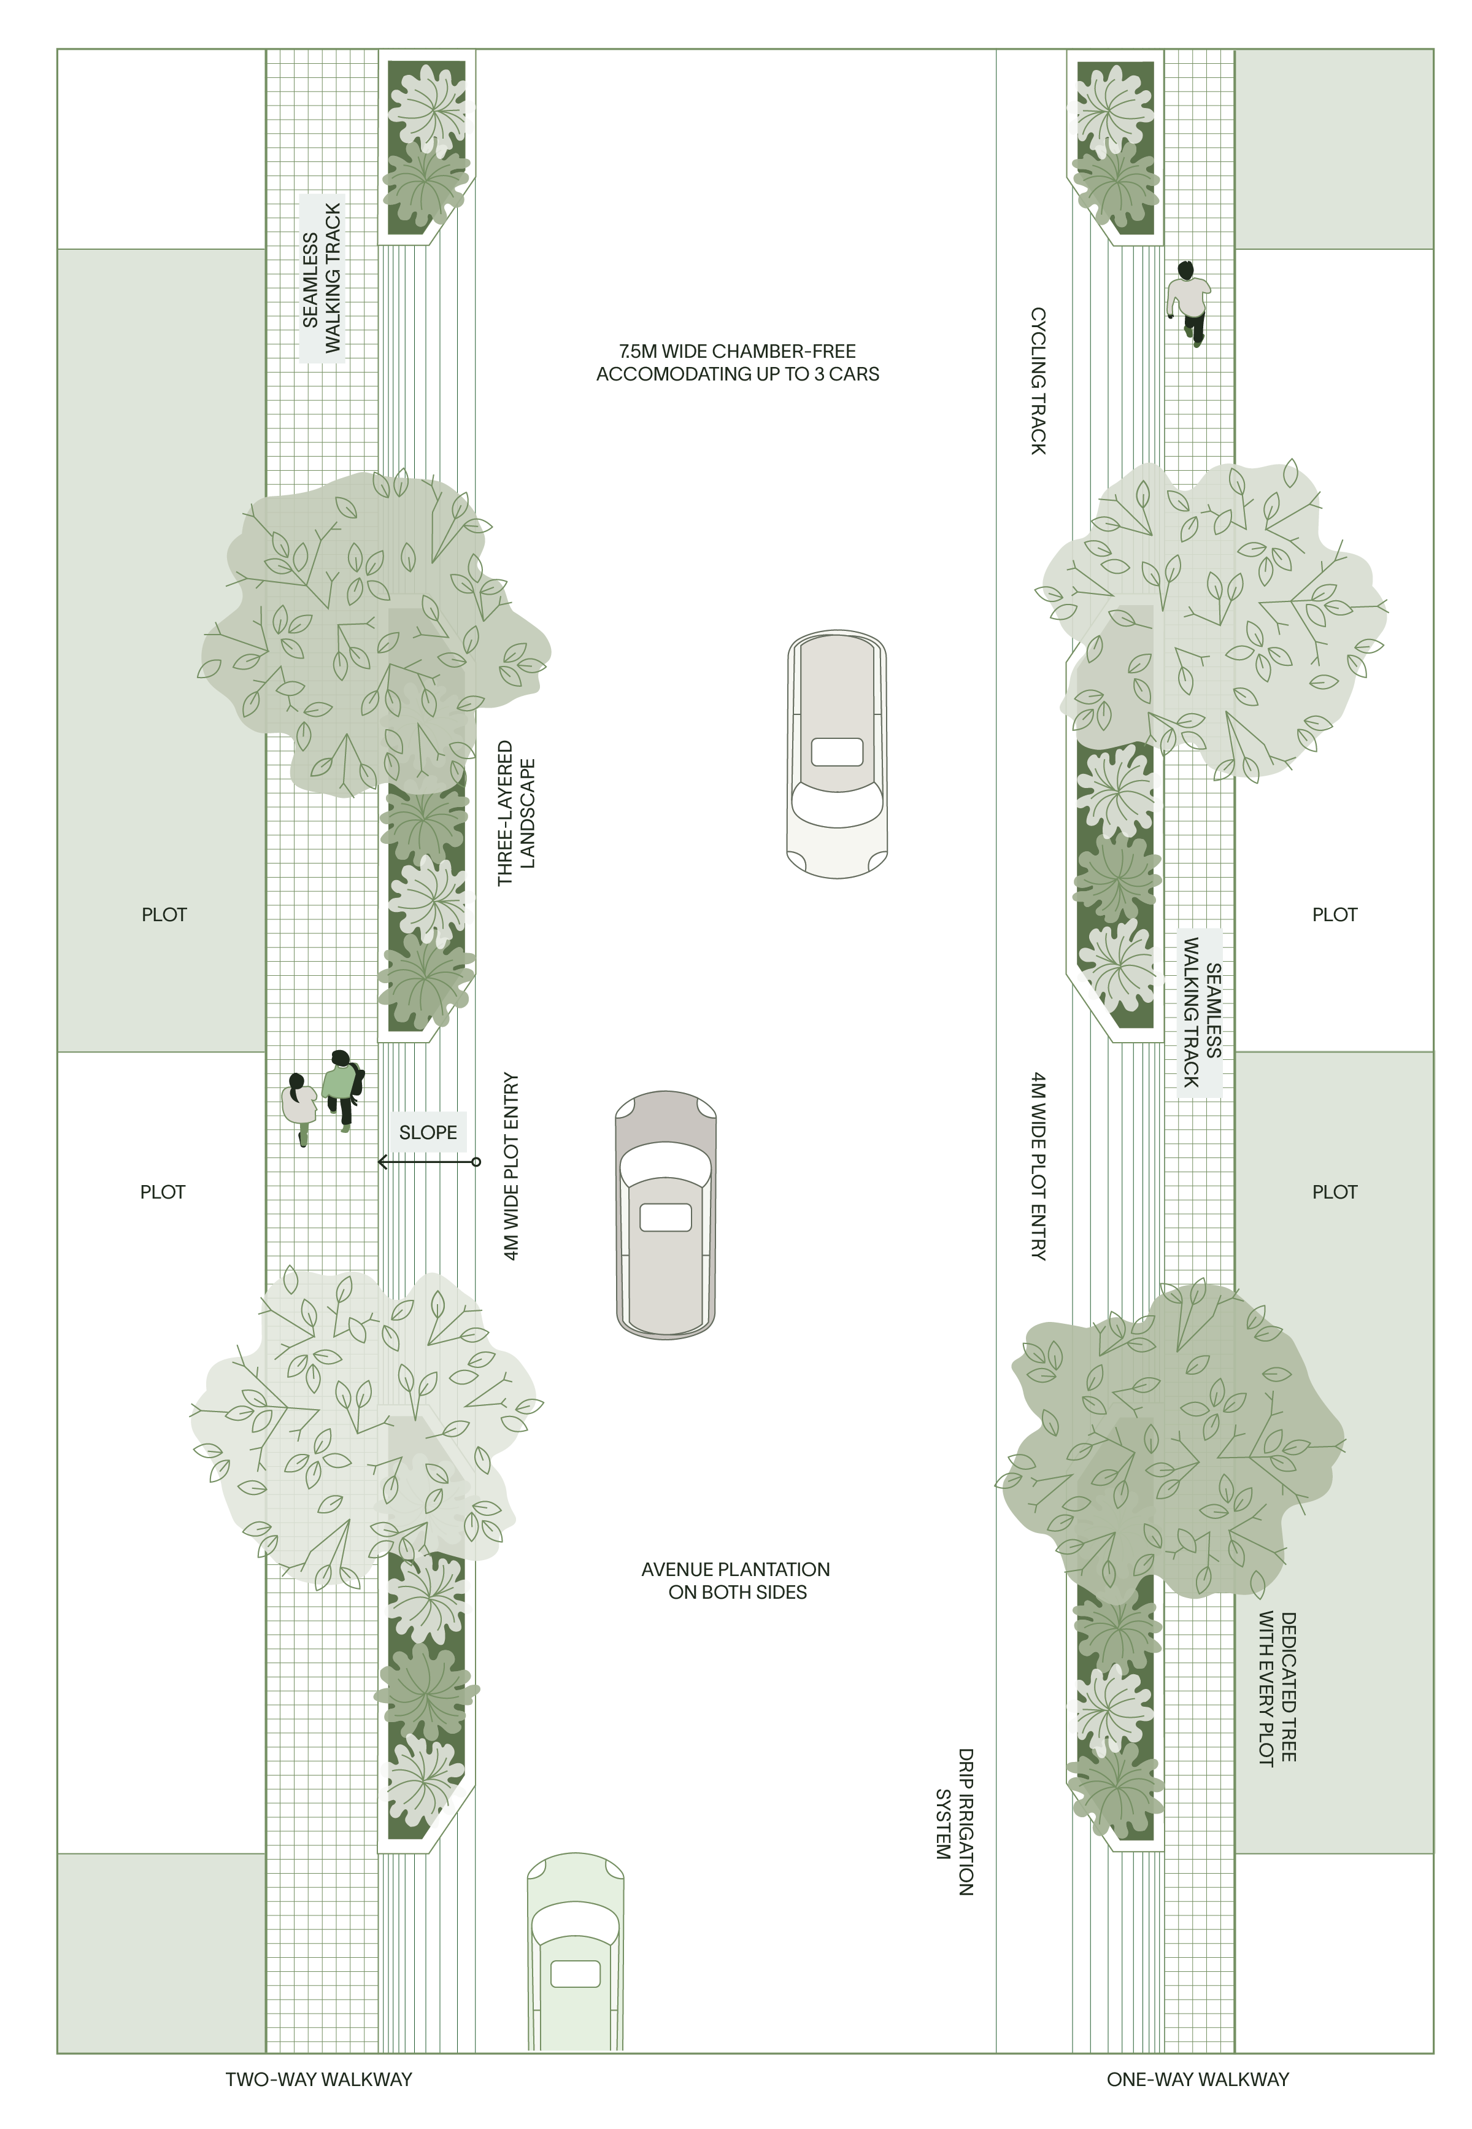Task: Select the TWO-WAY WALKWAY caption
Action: [x=319, y=2079]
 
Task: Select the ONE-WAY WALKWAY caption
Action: [x=1197, y=2079]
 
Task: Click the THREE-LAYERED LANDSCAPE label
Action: [x=517, y=813]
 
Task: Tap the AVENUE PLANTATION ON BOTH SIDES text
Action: [x=736, y=1580]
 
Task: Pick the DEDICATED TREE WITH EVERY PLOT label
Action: [x=1278, y=1688]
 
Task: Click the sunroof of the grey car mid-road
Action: [x=665, y=1217]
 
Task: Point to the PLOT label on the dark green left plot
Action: [x=164, y=914]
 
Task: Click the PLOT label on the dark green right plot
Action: [x=1335, y=1192]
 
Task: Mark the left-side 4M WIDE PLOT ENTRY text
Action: [x=512, y=1166]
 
